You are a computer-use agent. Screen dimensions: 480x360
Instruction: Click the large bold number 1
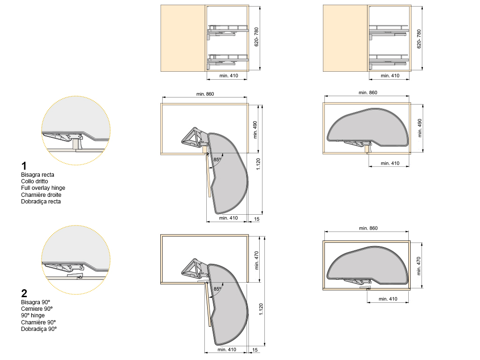click(x=24, y=166)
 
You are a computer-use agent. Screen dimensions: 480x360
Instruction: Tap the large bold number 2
click(x=24, y=293)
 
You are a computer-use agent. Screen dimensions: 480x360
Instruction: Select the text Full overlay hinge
click(x=43, y=188)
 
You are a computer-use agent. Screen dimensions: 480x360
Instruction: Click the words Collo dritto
click(x=35, y=181)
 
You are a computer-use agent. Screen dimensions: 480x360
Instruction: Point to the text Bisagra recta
click(x=37, y=175)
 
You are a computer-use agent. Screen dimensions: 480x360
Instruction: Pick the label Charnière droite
click(x=41, y=195)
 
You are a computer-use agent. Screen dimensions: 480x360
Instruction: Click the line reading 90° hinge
click(x=33, y=315)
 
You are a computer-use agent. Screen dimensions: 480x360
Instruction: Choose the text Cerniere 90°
click(x=37, y=308)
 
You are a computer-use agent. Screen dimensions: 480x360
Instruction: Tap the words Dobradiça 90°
click(x=39, y=329)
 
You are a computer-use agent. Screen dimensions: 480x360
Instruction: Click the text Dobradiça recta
click(x=41, y=202)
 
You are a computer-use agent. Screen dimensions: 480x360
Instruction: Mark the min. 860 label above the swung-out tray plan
click(x=205, y=94)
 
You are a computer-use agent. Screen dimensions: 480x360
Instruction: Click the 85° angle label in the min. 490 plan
click(x=217, y=159)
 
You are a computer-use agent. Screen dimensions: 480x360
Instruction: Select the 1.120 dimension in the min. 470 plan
click(x=261, y=309)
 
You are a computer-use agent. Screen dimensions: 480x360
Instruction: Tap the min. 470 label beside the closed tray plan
click(x=419, y=266)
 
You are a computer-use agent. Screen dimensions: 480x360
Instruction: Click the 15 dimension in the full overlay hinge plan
click(x=256, y=219)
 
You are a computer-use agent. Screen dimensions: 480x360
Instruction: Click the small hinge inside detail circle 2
click(x=75, y=276)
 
